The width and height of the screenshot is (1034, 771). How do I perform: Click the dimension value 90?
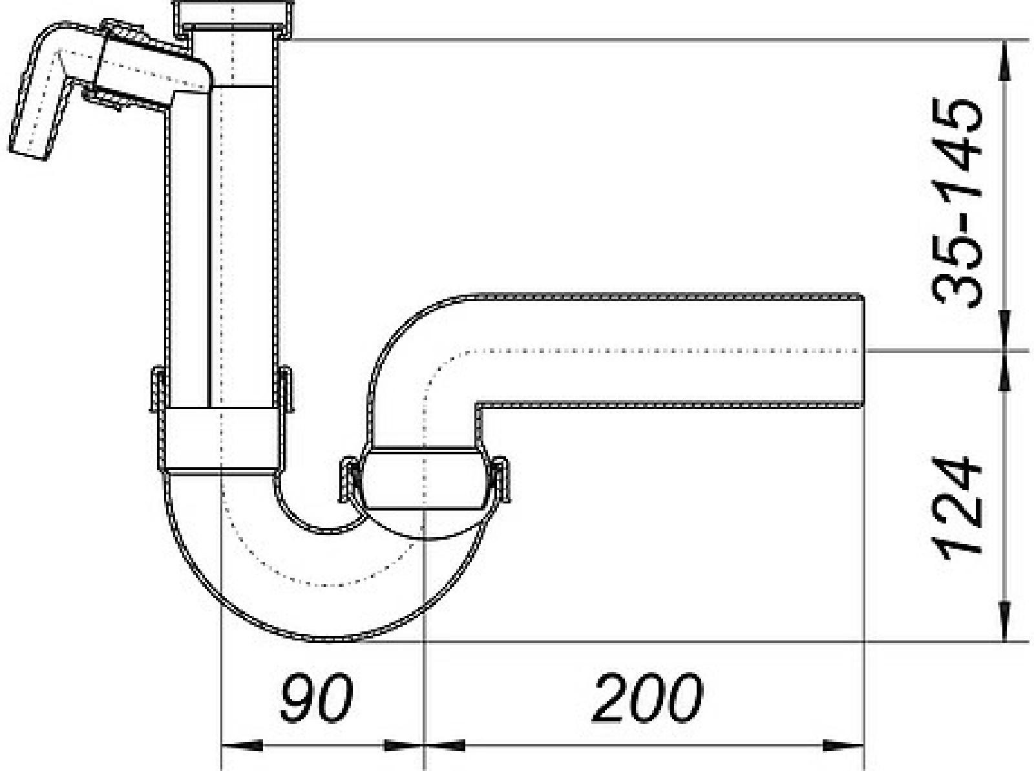[x=316, y=697]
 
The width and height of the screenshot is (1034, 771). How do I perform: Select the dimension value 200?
[x=648, y=697]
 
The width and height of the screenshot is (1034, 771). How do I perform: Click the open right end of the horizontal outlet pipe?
[x=864, y=350]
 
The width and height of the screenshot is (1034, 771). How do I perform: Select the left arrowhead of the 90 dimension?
[x=242, y=746]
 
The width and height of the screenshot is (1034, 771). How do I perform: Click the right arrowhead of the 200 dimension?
[x=843, y=746]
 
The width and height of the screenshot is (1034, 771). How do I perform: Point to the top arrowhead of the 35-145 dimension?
[x=1004, y=61]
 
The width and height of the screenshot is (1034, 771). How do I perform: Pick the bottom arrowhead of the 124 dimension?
[x=1004, y=620]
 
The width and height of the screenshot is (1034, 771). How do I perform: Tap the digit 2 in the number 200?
[x=610, y=697]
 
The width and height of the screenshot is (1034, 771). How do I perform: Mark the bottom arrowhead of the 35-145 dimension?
[x=1004, y=330]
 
